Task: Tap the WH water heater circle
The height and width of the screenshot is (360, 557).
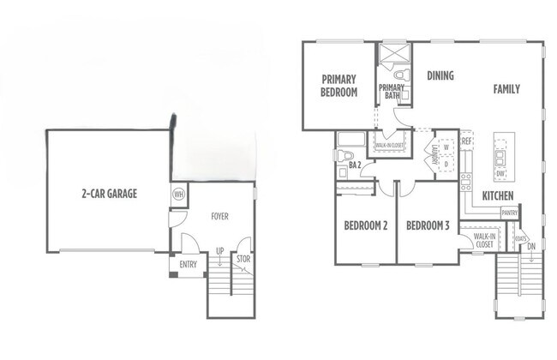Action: coord(179,194)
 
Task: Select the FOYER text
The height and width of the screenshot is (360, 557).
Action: coord(219,217)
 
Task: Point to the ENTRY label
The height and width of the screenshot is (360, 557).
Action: coord(188,266)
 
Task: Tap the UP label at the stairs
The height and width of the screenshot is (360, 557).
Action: coord(219,251)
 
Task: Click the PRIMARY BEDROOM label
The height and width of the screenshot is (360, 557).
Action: coord(338,87)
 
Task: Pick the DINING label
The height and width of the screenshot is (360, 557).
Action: coord(440,75)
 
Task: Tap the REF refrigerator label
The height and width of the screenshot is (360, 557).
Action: coord(467,141)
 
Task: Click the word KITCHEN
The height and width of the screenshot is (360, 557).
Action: coord(497,196)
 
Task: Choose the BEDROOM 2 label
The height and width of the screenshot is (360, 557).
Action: coord(365,226)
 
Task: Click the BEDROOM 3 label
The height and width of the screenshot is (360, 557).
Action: coord(428,226)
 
